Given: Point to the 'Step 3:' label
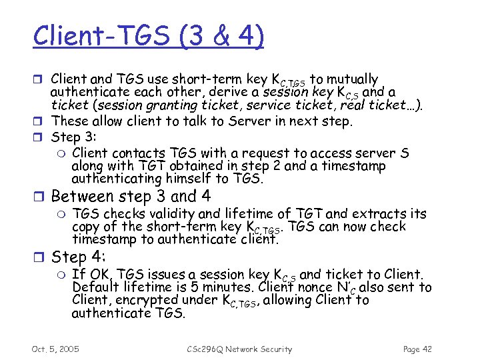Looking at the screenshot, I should (x=74, y=137).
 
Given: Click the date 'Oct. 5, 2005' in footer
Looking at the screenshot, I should (x=55, y=349).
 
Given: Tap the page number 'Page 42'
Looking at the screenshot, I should (x=418, y=349).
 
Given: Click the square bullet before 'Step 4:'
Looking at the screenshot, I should (x=41, y=258).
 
